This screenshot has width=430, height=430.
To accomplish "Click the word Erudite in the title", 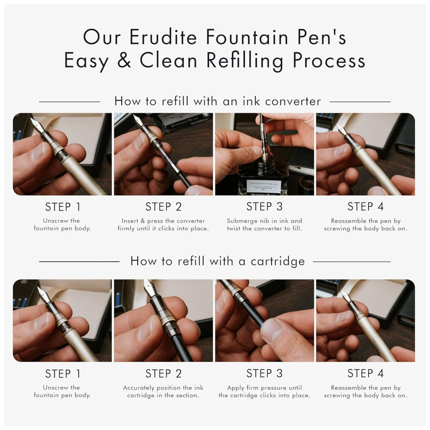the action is tap(163, 37).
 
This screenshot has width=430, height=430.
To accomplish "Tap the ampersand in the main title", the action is tap(124, 60).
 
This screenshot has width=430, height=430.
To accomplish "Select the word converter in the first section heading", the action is tap(293, 101).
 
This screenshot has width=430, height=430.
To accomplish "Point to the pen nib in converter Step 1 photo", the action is tap(36, 125).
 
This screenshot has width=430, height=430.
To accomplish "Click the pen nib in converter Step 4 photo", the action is tap(341, 129).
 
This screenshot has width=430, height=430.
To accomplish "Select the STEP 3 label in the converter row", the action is tap(264, 206).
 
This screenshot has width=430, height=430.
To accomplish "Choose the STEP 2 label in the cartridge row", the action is tap(163, 374).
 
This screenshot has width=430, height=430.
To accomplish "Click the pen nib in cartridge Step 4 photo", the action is tap(345, 296).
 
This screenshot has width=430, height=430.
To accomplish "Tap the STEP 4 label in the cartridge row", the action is tap(365, 374).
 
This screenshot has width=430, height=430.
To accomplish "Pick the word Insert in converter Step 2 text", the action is tap(130, 221).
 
